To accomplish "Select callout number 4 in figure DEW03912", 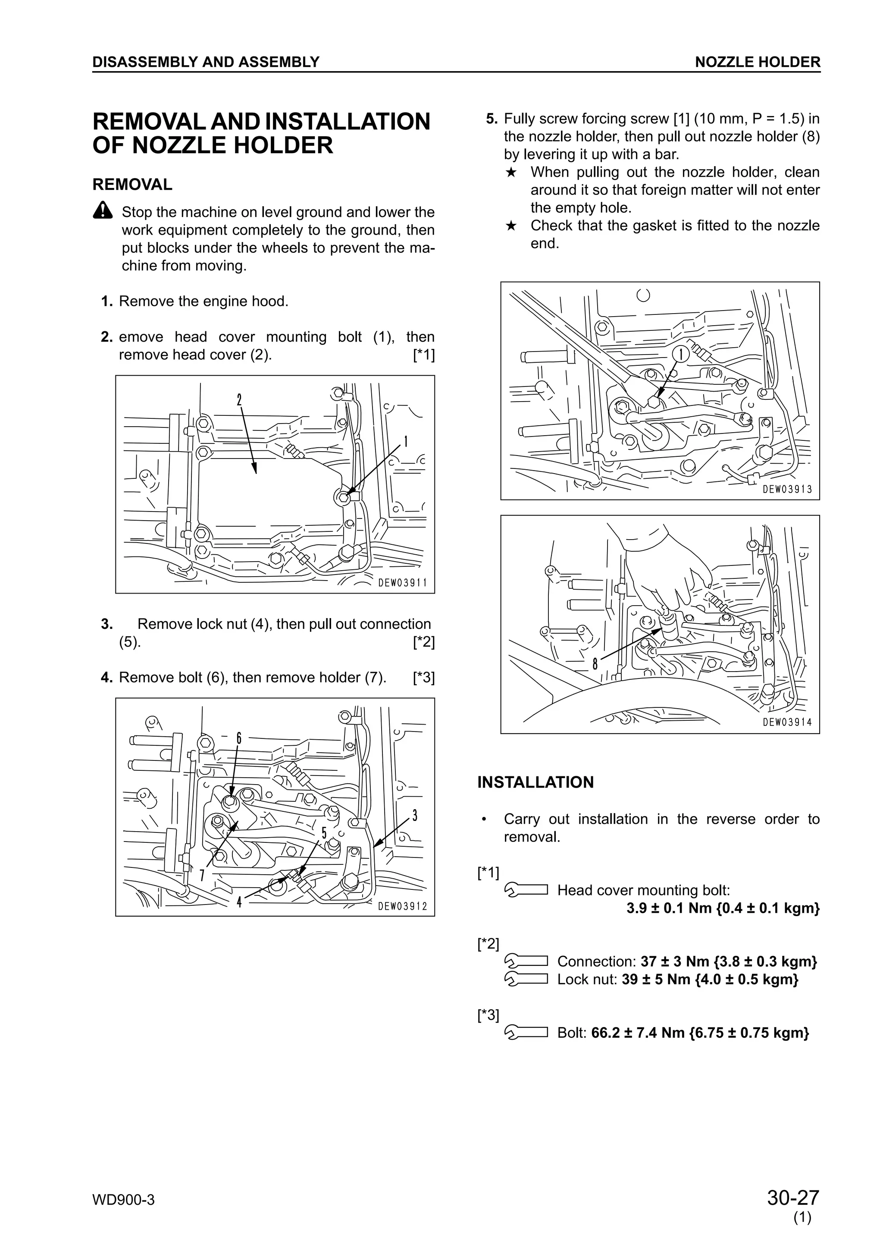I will (239, 902).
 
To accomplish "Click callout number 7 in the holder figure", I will (202, 874).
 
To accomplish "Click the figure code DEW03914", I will (787, 722).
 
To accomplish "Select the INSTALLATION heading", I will (535, 782).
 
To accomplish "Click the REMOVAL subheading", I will (132, 185).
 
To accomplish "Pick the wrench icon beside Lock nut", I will (526, 980).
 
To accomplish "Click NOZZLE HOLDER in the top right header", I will (758, 62).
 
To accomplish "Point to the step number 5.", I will (491, 119).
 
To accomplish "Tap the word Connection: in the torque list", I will (596, 961).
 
